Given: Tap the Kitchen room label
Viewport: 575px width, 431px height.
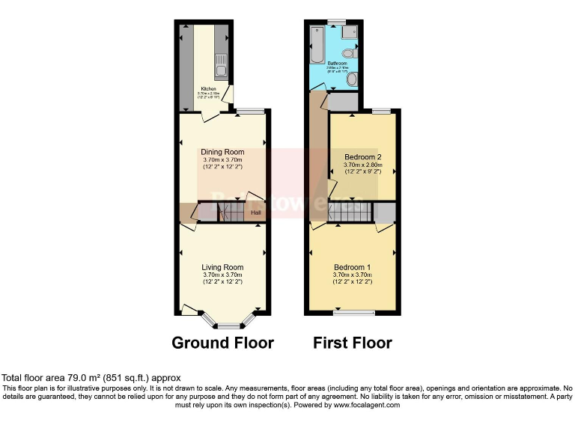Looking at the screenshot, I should [207, 88].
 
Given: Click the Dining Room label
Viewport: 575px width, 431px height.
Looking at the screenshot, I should [222, 153].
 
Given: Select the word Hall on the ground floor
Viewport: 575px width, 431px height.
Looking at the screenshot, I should [256, 213].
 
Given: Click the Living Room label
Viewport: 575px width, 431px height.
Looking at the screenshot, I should [222, 267].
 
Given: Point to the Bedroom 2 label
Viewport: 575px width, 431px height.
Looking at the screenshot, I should [363, 157].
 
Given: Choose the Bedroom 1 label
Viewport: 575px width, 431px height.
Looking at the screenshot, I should [352, 267].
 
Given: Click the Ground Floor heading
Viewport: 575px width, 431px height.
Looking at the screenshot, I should [222, 343].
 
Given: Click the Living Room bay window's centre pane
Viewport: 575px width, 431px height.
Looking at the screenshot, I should [230, 326].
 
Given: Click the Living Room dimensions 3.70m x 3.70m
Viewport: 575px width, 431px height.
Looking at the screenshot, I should [222, 275].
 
